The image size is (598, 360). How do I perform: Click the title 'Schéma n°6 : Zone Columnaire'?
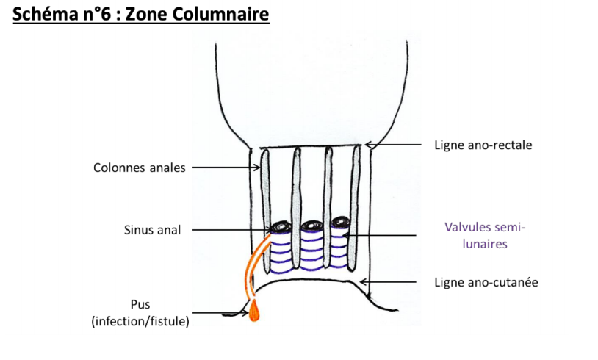tap(140, 15)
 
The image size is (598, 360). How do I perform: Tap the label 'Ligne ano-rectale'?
tap(483, 145)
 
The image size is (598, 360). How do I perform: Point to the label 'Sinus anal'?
tap(151, 230)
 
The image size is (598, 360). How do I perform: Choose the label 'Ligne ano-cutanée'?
tap(486, 282)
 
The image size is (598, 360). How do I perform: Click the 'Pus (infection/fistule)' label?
tap(140, 312)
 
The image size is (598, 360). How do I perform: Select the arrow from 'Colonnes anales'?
tap(228, 168)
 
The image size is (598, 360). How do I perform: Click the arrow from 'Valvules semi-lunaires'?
tap(386, 235)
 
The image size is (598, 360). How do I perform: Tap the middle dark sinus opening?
tap(309, 226)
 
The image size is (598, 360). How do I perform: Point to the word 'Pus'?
tap(140, 304)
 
